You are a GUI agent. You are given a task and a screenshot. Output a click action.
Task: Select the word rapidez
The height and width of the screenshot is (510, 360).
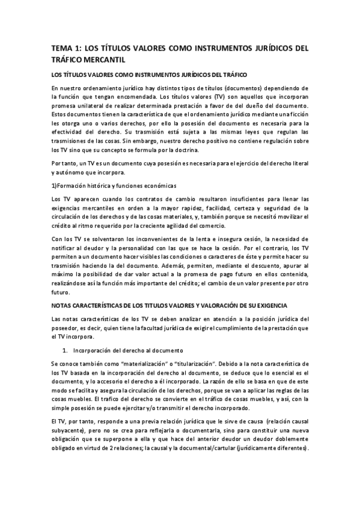[177, 206]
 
